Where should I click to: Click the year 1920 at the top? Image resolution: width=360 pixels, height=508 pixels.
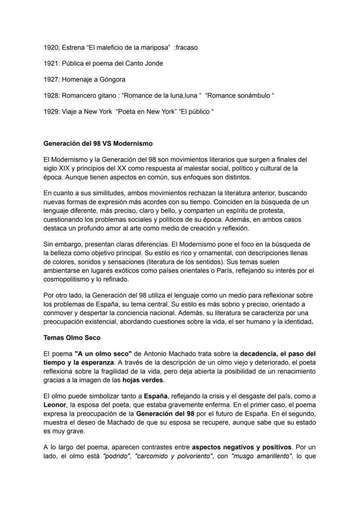coord(51,47)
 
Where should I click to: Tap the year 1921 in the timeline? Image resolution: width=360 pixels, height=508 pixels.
coord(51,63)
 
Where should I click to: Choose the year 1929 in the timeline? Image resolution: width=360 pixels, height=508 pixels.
coord(51,112)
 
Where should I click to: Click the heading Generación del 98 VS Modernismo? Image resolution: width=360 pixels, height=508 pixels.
coord(98,143)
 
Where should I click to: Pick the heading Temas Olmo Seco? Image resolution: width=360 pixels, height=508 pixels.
coord(69,337)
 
